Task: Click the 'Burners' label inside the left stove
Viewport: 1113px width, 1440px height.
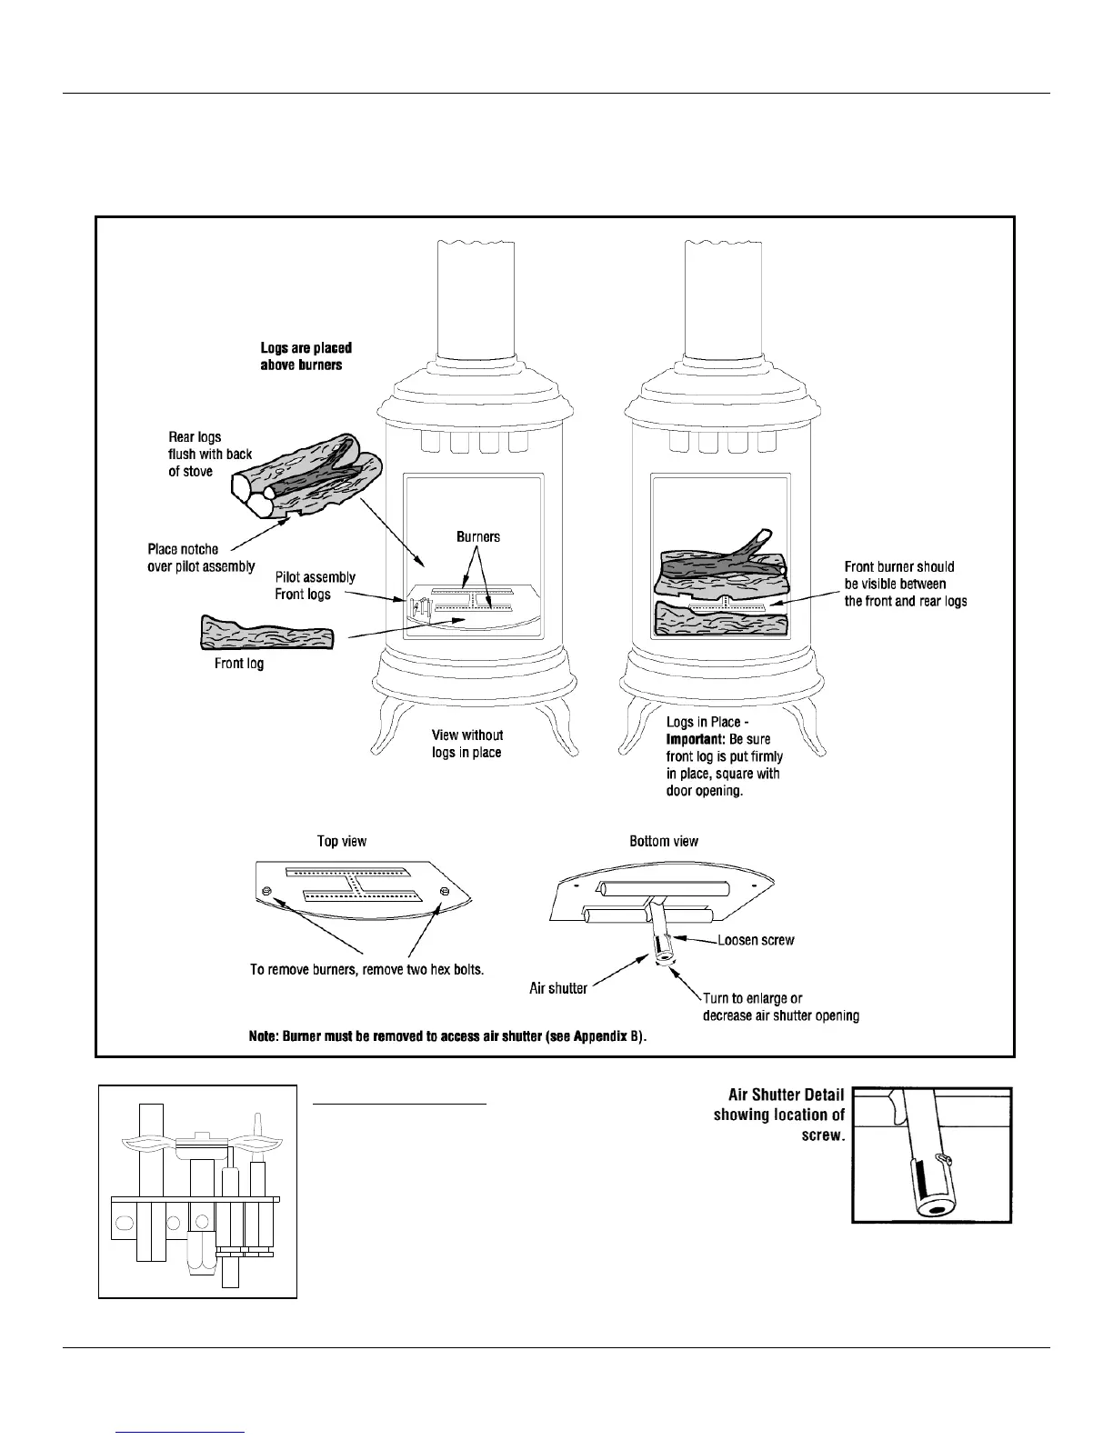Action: click(x=478, y=536)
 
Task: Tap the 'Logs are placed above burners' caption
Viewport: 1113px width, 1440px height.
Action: click(x=306, y=355)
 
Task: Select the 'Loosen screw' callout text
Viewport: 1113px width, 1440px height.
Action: click(x=756, y=940)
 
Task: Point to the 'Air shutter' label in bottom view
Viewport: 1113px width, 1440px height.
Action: click(x=558, y=987)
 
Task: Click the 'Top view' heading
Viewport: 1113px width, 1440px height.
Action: click(x=342, y=841)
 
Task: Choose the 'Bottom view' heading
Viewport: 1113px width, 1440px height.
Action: click(x=664, y=841)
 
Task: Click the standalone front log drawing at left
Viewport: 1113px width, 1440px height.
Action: click(x=266, y=634)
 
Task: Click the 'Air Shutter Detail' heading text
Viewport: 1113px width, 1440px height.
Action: click(x=787, y=1095)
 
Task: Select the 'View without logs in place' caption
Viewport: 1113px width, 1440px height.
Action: click(x=467, y=744)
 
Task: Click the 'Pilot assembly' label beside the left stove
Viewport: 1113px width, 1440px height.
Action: click(x=316, y=577)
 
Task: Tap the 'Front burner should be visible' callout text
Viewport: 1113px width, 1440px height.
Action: click(x=905, y=584)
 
